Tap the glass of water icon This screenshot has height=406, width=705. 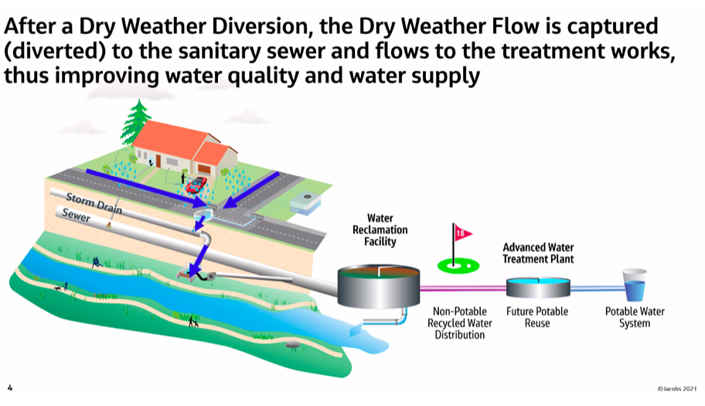634,285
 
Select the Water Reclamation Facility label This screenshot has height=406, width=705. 380,230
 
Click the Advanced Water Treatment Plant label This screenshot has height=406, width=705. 538,253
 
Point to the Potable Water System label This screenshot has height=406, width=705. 635,317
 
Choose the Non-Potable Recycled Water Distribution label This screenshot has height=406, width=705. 459,322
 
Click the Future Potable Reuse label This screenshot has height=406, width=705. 537,317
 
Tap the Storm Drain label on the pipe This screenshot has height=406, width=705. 94,203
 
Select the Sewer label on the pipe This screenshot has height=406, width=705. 76,215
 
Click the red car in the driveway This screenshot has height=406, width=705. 196,185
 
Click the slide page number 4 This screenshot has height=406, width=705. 10,387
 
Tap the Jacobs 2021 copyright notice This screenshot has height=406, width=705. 676,388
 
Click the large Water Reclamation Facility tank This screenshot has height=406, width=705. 379,286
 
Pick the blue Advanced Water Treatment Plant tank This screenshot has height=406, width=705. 538,288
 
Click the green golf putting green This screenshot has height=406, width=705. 458,266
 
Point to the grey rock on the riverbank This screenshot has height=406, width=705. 292,344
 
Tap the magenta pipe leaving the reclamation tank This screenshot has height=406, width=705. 463,288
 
